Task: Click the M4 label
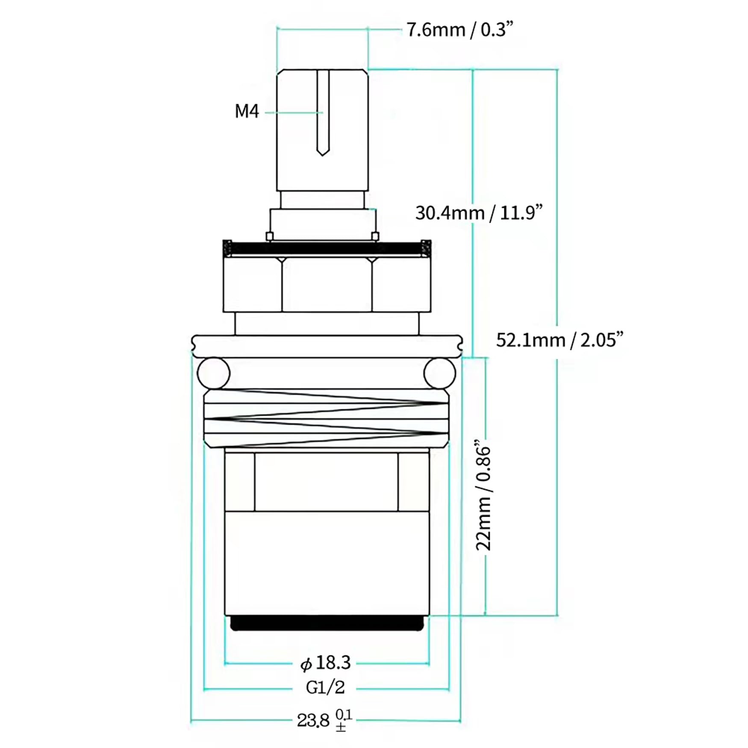247,112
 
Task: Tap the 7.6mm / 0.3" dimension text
459,30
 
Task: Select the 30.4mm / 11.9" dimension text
479,213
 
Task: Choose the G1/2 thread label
325,699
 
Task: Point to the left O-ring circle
213,373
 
